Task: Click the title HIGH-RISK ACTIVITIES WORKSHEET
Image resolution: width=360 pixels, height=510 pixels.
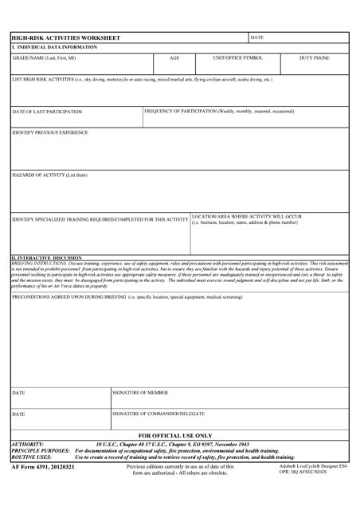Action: (x=65, y=37)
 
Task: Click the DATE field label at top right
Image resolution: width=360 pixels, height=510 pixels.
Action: (x=257, y=37)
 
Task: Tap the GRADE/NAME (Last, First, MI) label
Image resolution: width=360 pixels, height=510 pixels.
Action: (x=45, y=58)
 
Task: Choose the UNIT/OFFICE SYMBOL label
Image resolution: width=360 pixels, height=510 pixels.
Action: (x=237, y=58)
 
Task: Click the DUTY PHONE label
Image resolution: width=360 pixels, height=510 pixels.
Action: (x=314, y=58)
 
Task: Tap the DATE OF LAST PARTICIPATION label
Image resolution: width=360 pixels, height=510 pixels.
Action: (x=47, y=112)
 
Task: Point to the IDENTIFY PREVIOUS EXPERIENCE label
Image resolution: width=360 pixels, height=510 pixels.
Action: (x=50, y=132)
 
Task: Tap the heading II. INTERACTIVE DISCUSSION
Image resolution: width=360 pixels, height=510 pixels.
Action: (x=46, y=258)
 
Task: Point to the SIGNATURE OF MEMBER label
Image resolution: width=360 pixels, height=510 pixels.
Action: (x=140, y=393)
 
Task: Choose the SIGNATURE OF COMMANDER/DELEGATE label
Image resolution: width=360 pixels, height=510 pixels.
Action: (x=158, y=414)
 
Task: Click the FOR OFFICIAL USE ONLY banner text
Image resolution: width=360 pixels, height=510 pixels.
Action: (x=180, y=435)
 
